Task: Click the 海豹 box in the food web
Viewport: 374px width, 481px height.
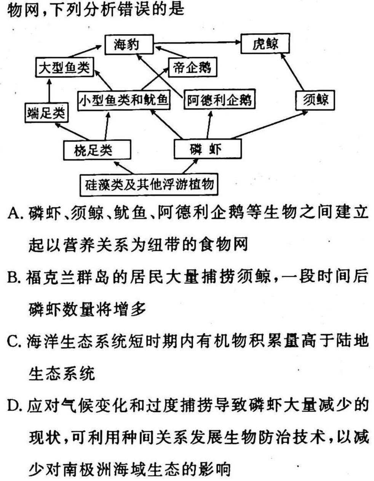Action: click(129, 45)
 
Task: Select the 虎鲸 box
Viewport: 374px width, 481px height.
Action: click(265, 43)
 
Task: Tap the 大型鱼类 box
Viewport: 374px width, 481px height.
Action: click(64, 67)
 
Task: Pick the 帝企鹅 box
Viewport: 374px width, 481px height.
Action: click(192, 67)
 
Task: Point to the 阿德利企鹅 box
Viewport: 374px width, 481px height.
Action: click(219, 99)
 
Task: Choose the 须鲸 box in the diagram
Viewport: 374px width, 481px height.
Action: click(315, 100)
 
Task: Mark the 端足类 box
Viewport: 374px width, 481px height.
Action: click(46, 113)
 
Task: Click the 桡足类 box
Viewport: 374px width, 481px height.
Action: click(97, 150)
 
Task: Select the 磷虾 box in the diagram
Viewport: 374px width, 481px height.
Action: click(208, 149)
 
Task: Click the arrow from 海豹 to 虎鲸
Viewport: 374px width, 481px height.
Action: click(197, 42)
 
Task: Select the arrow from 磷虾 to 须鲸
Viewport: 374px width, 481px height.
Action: click(269, 125)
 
